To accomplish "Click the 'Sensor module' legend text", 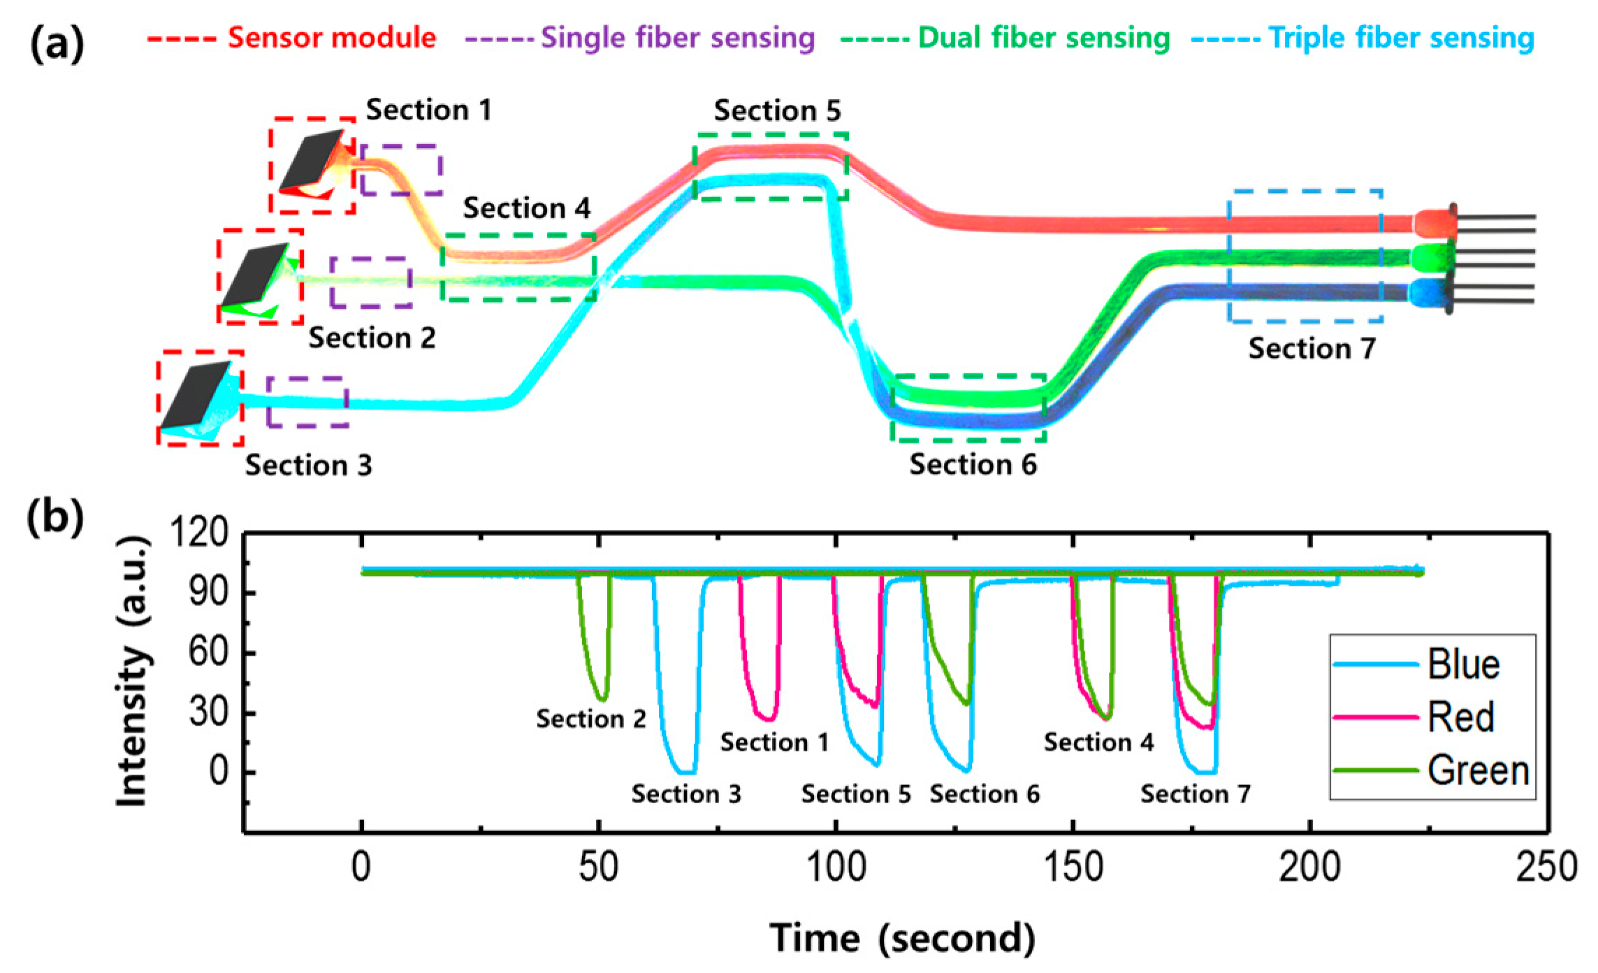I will pyautogui.click(x=331, y=38).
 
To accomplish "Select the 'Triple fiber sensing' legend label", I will pyautogui.click(x=1400, y=38).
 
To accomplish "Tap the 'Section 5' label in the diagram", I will pyautogui.click(x=777, y=110).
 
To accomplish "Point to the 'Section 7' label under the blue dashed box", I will pyautogui.click(x=1312, y=348).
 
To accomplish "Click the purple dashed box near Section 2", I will pyautogui.click(x=370, y=282).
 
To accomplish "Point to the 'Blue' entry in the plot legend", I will pyautogui.click(x=1463, y=664).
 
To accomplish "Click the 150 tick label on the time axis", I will pyautogui.click(x=1073, y=867).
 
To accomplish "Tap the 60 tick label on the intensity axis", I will pyautogui.click(x=208, y=652).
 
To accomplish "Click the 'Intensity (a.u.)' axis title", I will pyautogui.click(x=133, y=671).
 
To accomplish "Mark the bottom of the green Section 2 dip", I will pyautogui.click(x=602, y=699).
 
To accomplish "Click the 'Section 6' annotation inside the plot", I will pyautogui.click(x=985, y=794).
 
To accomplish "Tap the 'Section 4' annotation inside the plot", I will pyautogui.click(x=1098, y=742).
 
